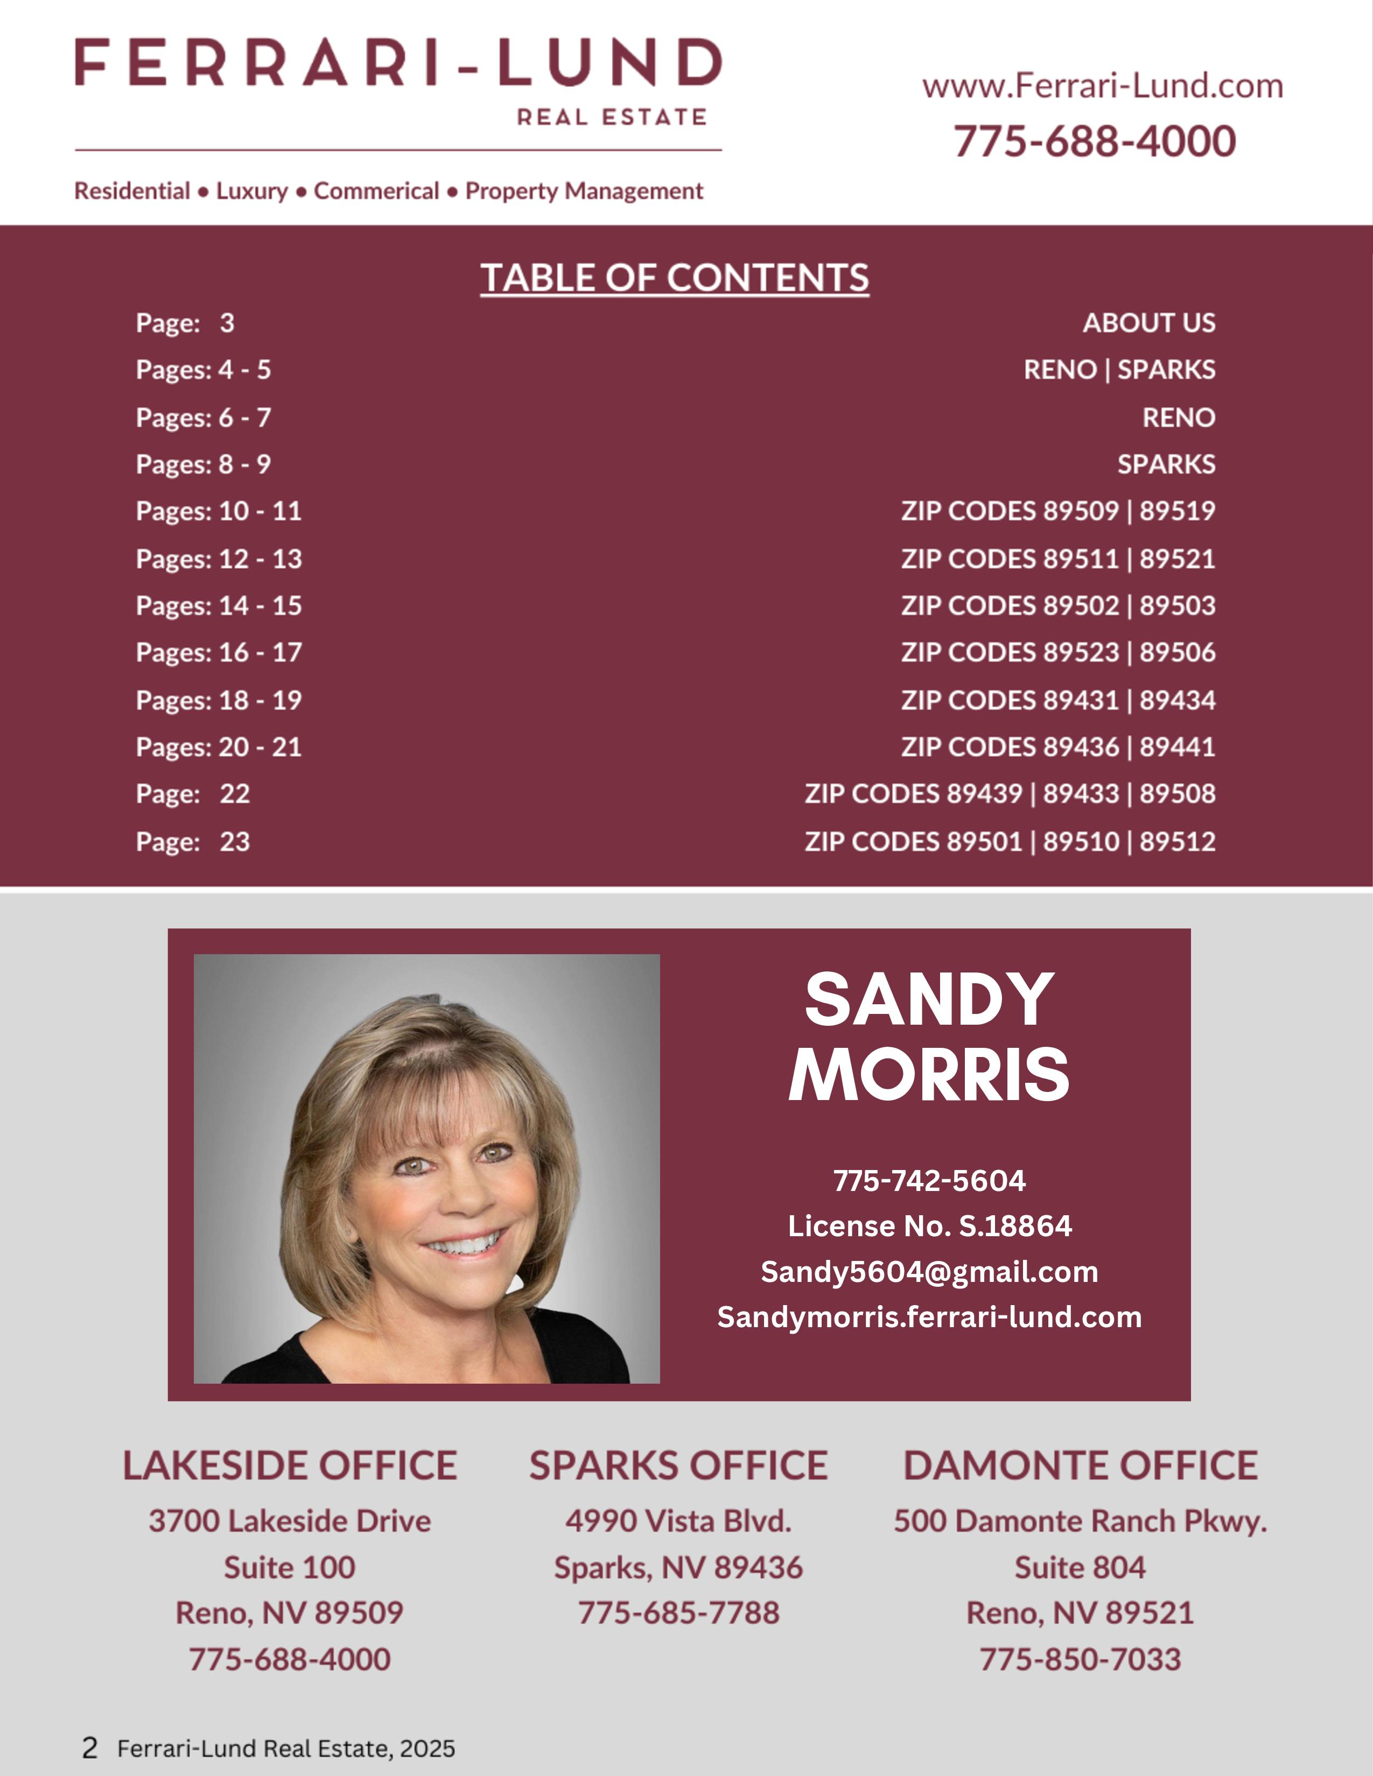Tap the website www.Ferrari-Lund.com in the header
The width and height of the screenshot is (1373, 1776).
pos(1102,86)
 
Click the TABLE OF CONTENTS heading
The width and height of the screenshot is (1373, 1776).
pos(674,278)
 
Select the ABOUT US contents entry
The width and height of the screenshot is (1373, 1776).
pos(1148,323)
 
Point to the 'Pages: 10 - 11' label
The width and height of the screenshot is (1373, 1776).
pos(219,511)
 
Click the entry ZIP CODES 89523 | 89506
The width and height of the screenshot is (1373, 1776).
pos(1057,652)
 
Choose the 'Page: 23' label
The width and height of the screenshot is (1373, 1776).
pos(193,841)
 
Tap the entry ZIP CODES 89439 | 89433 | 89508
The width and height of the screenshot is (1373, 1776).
pos(1010,794)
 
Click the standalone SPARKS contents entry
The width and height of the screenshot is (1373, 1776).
pos(1166,464)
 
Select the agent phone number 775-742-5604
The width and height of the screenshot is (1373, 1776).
pos(929,1180)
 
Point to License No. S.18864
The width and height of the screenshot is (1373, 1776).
pos(929,1225)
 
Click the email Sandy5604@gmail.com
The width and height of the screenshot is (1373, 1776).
pos(929,1271)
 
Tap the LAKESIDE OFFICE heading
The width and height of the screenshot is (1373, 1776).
pos(290,1465)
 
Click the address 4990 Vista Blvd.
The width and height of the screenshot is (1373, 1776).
pos(678,1521)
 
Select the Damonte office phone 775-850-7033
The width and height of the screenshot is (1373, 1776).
pos(1080,1659)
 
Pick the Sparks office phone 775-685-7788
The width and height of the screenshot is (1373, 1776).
pos(678,1612)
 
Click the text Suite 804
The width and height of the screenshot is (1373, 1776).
pos(1080,1567)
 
